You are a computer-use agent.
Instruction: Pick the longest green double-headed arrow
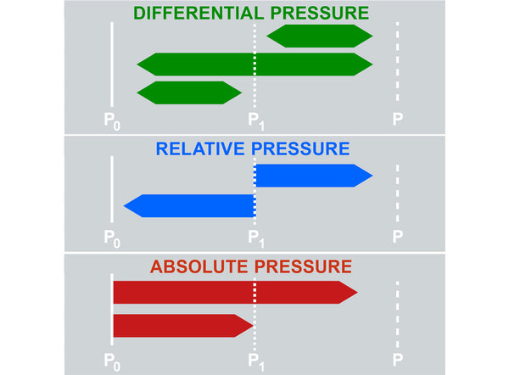tap(255, 63)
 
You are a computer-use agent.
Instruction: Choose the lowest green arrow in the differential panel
tap(188, 92)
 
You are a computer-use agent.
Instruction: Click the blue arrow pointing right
tap(312, 176)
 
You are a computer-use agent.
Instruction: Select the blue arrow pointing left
tap(190, 205)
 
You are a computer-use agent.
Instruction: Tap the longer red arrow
tap(234, 291)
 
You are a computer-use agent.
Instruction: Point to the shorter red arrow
tap(182, 325)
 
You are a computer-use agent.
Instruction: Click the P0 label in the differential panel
tap(112, 120)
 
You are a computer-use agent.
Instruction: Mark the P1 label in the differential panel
tap(255, 120)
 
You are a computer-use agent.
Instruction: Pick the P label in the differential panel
tap(397, 119)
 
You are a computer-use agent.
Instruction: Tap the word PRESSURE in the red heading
tap(301, 266)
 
